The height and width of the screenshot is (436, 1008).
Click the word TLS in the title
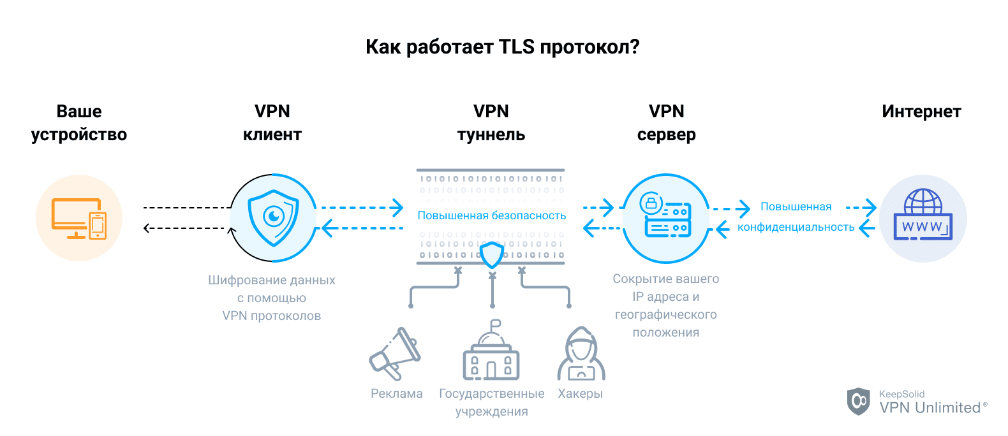[x=516, y=47]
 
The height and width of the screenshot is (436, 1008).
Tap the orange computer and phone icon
[x=79, y=218]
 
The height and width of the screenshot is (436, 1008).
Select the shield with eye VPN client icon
[x=274, y=218]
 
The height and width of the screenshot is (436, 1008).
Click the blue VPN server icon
[x=666, y=218]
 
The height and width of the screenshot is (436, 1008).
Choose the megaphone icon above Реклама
[x=394, y=354]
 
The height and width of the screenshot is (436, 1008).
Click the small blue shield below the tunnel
[x=492, y=255]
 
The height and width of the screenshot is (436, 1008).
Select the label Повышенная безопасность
[x=492, y=215]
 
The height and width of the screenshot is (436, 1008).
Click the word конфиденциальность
[x=796, y=227]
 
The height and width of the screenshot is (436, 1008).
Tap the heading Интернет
[x=921, y=112]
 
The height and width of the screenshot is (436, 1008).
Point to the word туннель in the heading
[x=491, y=135]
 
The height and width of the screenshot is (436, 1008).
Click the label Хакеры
[x=581, y=394]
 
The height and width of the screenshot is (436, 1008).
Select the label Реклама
[x=396, y=394]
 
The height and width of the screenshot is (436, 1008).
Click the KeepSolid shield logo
[x=859, y=401]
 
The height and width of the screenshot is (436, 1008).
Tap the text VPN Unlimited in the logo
[x=930, y=408]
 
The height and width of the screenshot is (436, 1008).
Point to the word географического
[x=665, y=315]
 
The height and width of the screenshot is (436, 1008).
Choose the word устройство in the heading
[x=79, y=135]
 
